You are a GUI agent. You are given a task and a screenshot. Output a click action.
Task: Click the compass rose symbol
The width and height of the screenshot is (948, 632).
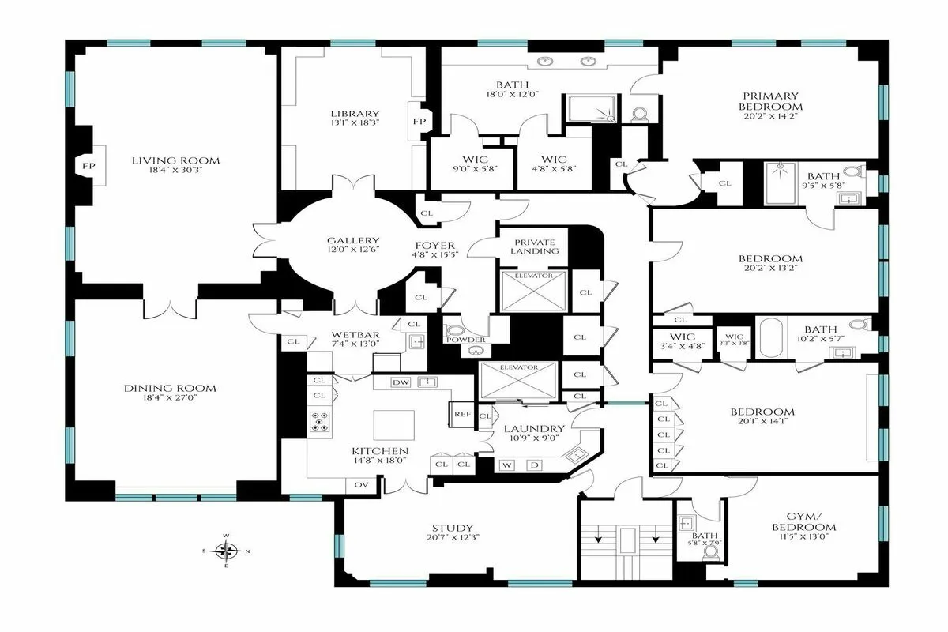tap(227, 550)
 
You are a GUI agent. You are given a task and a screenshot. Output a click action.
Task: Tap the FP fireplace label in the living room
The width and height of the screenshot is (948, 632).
tap(85, 166)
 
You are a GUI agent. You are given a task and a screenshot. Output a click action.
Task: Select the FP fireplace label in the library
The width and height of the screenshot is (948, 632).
tap(419, 122)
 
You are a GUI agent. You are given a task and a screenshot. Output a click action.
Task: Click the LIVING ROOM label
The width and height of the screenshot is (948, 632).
tap(175, 160)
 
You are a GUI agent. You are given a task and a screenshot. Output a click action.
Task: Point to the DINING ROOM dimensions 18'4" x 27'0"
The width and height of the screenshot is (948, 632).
tap(170, 400)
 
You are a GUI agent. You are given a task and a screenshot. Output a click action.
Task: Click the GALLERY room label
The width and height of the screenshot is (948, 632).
tap(353, 241)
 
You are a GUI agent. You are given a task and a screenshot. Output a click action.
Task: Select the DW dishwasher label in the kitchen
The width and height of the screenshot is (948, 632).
tap(401, 382)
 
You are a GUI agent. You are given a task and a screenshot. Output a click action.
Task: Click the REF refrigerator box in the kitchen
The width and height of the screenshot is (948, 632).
tap(461, 413)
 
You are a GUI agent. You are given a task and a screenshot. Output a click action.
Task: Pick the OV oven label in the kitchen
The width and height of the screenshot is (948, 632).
tap(362, 484)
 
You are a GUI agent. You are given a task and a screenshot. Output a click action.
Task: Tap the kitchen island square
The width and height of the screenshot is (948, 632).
tap(389, 427)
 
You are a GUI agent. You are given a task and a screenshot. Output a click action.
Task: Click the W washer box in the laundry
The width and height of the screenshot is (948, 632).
tap(506, 465)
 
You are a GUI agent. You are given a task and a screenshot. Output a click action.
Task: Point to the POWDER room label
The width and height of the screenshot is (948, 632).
tap(465, 340)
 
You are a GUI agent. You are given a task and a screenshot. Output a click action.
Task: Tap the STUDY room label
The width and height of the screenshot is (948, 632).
tap(453, 529)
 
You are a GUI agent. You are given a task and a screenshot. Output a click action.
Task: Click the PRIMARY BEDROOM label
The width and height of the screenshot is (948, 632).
tap(770, 101)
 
